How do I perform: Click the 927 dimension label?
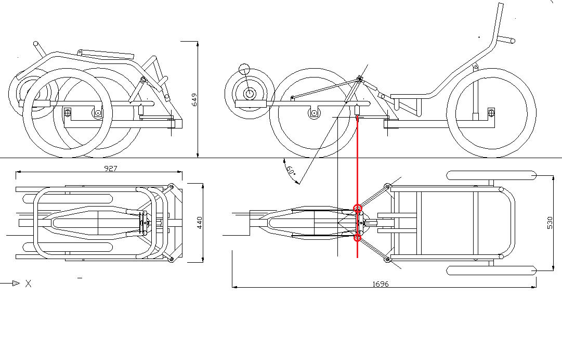click(110, 168)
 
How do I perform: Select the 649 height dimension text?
click(194, 99)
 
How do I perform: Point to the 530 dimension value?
click(550, 223)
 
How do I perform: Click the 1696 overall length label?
click(381, 284)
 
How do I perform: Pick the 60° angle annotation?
click(290, 171)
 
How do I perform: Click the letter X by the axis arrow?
click(29, 284)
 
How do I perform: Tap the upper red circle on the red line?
click(358, 208)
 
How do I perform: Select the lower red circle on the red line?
click(358, 238)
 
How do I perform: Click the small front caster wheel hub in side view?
click(250, 94)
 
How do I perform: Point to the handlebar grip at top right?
click(507, 40)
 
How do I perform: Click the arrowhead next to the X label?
click(16, 284)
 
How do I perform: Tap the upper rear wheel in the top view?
click(491, 175)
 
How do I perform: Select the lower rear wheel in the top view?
click(491, 271)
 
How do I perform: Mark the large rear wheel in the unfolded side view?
click(491, 112)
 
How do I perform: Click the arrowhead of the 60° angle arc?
click(297, 182)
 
